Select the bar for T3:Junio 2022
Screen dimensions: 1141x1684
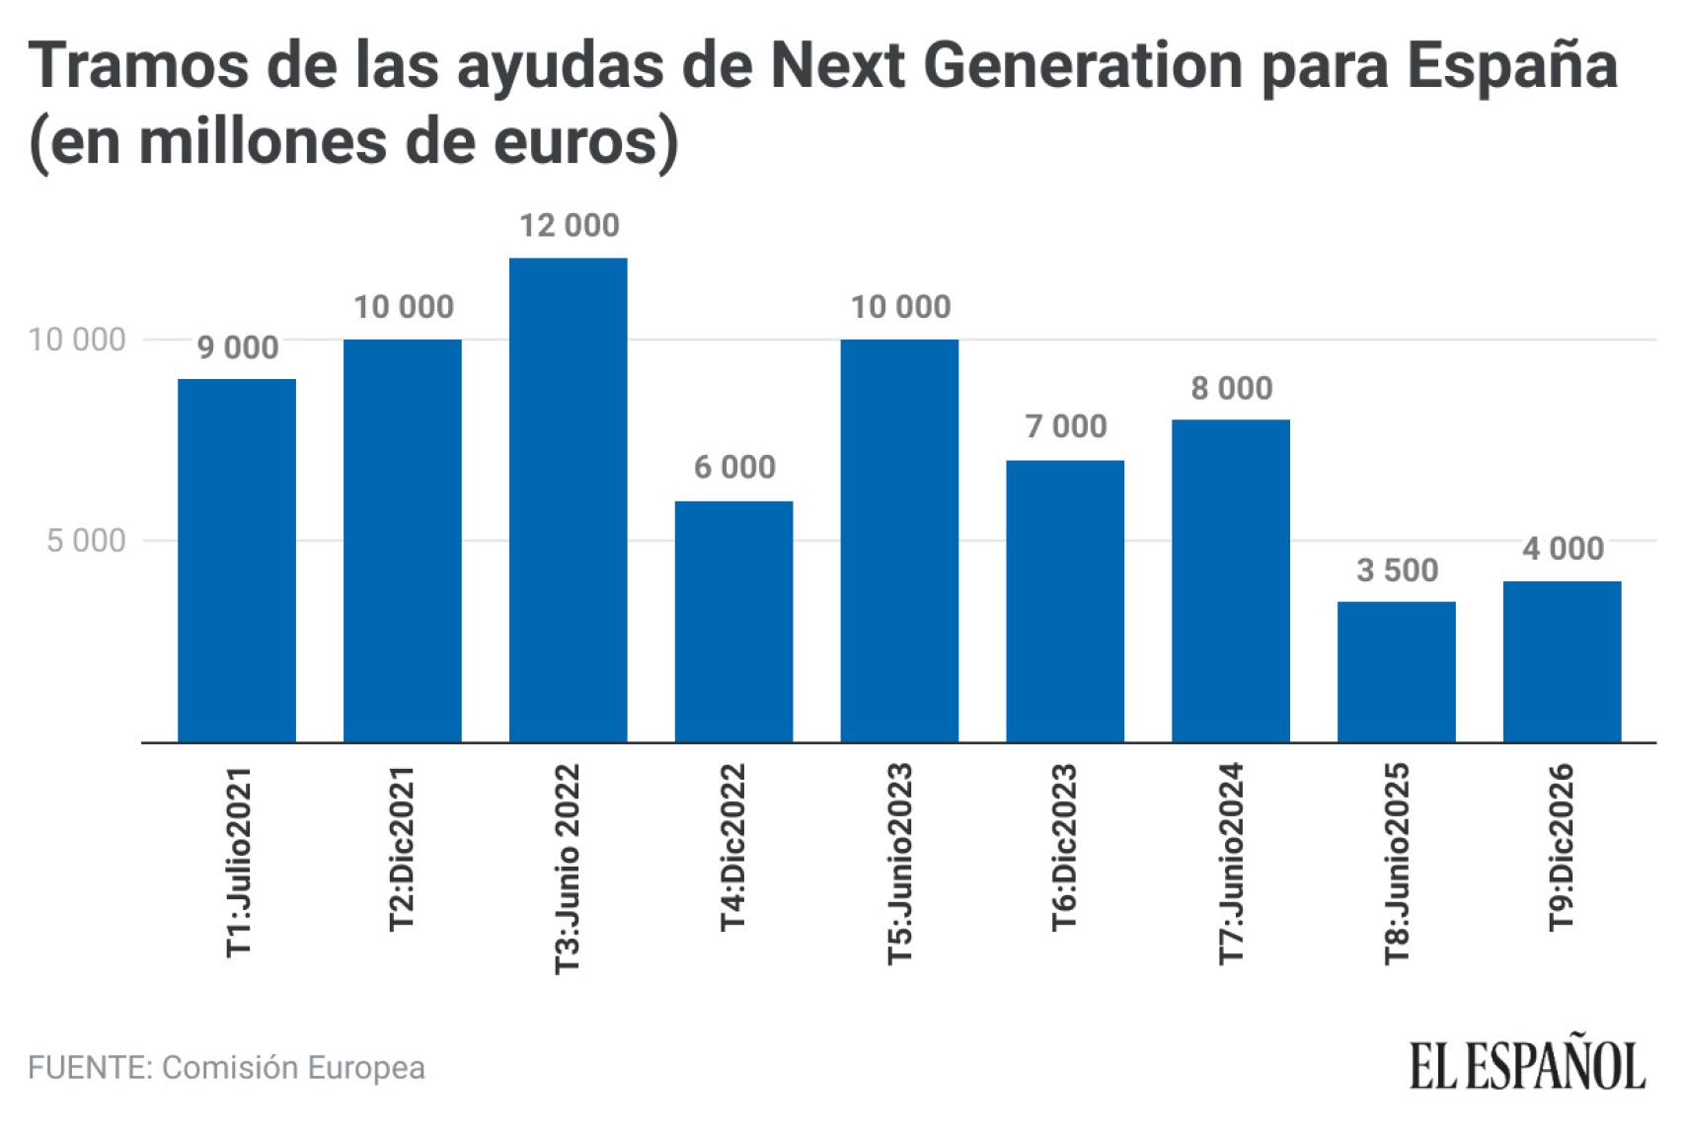click(568, 499)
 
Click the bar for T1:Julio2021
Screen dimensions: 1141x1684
click(236, 560)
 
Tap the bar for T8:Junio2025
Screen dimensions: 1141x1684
click(1396, 671)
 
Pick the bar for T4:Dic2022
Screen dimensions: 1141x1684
click(733, 621)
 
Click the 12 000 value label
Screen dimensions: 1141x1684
click(570, 225)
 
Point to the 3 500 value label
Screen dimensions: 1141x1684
click(1397, 570)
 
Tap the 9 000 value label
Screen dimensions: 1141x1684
click(238, 347)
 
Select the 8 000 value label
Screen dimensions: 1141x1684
click(1231, 388)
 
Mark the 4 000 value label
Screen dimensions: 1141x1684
click(1563, 548)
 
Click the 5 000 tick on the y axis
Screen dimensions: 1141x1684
click(87, 541)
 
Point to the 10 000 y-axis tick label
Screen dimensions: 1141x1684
click(77, 340)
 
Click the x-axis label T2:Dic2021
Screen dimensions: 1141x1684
click(402, 848)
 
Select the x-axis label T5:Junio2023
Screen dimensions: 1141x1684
click(899, 864)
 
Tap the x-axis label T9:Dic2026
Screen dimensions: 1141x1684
click(1561, 847)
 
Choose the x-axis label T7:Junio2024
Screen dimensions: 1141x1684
click(1231, 864)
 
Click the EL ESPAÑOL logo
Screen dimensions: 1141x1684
click(1526, 1065)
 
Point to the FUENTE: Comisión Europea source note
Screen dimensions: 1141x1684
click(226, 1067)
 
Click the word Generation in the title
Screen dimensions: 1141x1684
click(1084, 67)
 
